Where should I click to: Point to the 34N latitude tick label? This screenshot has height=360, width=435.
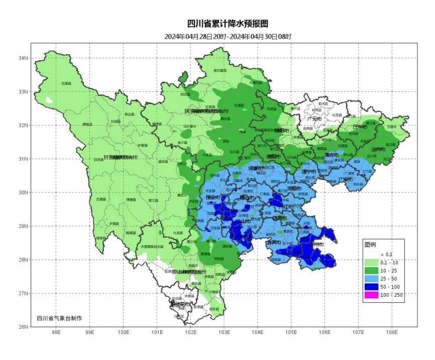[24, 58]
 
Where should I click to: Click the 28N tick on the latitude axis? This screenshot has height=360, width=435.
[24, 260]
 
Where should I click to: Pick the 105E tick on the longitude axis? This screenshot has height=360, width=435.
[291, 332]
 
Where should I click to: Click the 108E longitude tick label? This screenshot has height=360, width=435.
[392, 332]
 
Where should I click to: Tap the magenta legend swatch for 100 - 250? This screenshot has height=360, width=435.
[372, 295]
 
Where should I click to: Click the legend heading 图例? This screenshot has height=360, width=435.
[370, 245]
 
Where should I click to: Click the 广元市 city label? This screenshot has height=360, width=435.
[315, 118]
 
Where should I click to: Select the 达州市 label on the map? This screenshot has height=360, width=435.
[378, 150]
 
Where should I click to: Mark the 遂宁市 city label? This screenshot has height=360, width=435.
[307, 172]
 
